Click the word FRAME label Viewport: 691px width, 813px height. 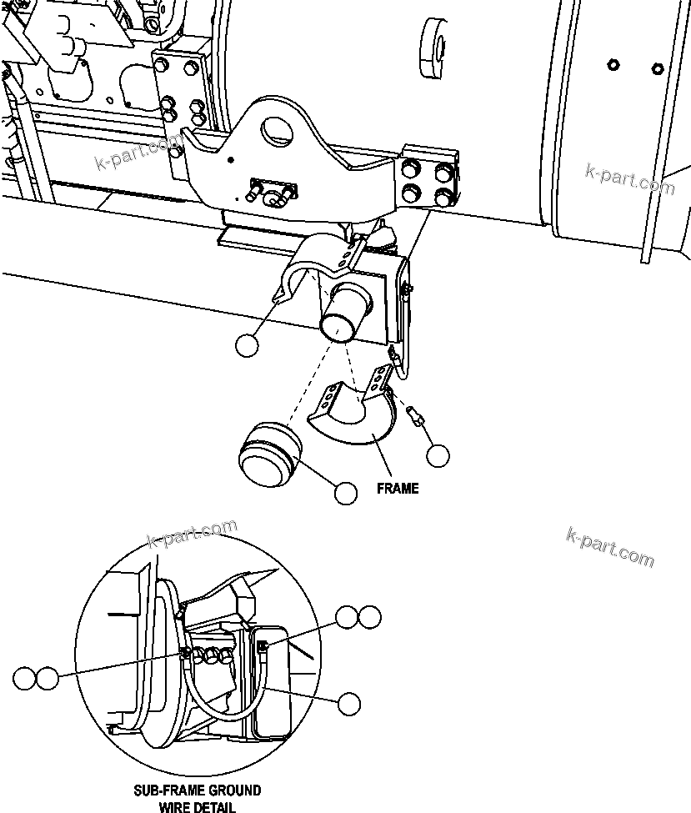(398, 488)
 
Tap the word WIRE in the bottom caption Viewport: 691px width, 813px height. (176, 806)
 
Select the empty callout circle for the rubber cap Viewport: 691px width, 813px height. (346, 493)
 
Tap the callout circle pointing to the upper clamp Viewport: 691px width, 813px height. (247, 345)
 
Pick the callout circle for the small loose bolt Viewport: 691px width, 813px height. (438, 455)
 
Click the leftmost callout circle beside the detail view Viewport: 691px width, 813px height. (24, 678)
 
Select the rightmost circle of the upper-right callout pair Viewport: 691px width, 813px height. (369, 617)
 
